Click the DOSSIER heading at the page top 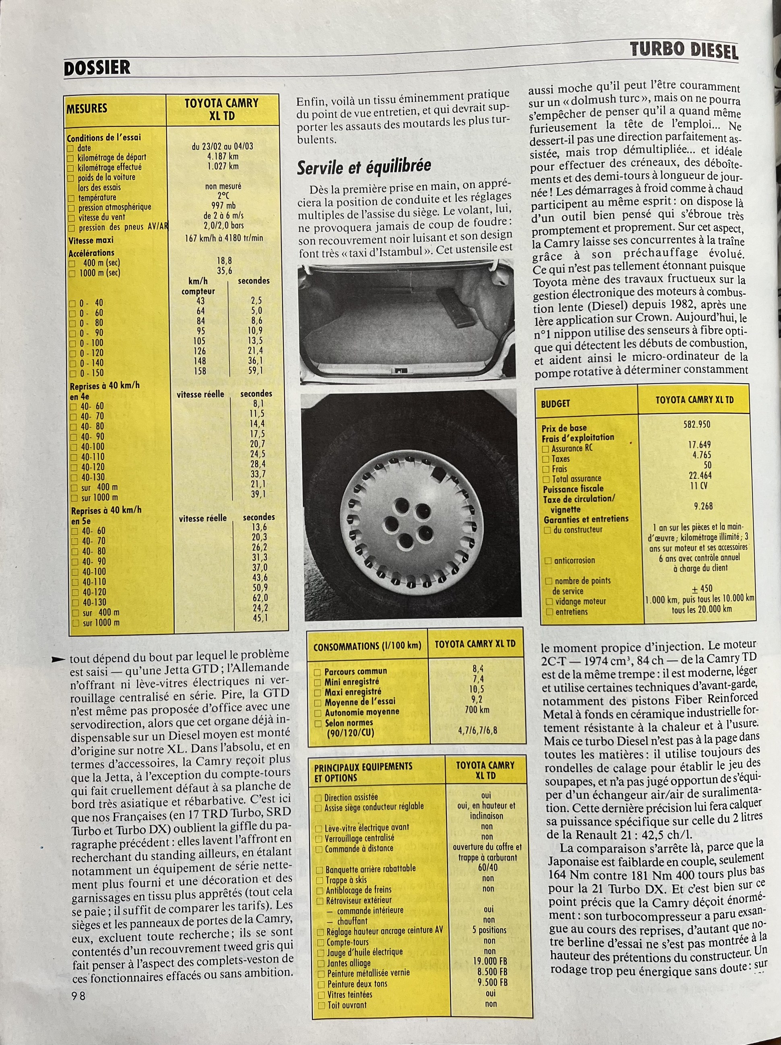pos(97,68)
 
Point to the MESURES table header pos(87,108)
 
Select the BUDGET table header pos(556,403)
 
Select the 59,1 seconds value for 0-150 pos(256,371)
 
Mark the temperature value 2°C pos(223,196)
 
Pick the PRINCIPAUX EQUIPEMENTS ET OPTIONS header pos(363,771)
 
